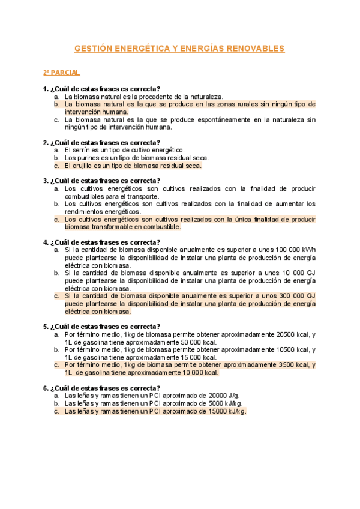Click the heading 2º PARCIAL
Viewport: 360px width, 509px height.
61,73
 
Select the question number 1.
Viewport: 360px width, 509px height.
45,89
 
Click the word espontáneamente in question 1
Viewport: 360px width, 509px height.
201,119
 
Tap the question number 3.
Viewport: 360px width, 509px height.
45,181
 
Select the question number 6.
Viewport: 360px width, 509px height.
45,388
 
